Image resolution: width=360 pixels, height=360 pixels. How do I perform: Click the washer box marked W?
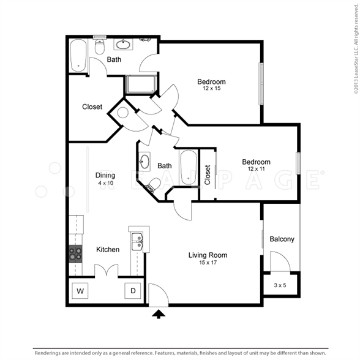tap(80, 291)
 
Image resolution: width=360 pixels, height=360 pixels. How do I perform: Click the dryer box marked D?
tap(133, 291)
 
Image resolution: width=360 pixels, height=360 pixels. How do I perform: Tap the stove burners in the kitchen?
tap(75, 253)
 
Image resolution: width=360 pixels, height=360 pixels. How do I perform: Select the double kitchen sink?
tap(137, 241)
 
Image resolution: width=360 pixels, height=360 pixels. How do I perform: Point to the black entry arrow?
tap(159, 314)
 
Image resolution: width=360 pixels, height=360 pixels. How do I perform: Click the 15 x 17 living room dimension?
tap(208, 263)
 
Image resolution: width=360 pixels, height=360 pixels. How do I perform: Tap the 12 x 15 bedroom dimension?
tap(211, 88)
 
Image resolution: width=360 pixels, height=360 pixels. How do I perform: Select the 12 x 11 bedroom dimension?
tap(256, 169)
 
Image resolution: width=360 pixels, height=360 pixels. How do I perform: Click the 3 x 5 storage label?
tap(280, 285)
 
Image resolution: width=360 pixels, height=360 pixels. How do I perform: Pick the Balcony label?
tap(282, 239)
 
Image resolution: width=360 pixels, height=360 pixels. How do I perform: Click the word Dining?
tap(105, 175)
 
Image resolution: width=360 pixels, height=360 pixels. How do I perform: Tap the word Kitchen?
tap(108, 249)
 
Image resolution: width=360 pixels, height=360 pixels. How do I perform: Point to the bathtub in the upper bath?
tap(78, 56)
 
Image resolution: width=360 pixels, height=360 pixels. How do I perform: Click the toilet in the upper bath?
tap(100, 47)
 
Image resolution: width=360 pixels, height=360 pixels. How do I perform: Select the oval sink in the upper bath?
tap(123, 45)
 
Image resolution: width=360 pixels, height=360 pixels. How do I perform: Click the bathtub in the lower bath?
tap(189, 167)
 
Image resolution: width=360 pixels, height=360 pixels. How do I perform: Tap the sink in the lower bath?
tap(144, 161)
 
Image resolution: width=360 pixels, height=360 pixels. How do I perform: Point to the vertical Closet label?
tap(208, 174)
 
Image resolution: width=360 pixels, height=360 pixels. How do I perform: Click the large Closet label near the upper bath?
tap(92, 107)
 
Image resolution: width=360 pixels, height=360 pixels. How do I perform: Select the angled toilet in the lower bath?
tap(153, 185)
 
